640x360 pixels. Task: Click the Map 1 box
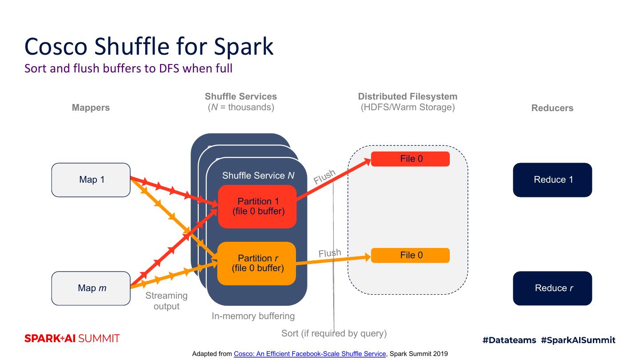(91, 180)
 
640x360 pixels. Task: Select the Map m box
(91, 288)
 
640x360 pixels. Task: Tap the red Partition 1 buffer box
(257, 207)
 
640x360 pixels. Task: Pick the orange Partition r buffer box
(257, 263)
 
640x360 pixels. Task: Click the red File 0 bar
(410, 159)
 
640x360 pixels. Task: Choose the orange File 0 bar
(410, 256)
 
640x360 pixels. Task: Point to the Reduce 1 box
(552, 180)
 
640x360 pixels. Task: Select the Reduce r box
(552, 288)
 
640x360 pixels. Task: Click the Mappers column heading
(91, 108)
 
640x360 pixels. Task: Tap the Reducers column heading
(552, 108)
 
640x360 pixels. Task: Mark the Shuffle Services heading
(241, 97)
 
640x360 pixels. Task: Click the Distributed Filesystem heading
(408, 97)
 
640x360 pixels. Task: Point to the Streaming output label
(166, 301)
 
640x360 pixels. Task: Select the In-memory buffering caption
(253, 316)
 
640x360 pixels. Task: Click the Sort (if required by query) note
(334, 333)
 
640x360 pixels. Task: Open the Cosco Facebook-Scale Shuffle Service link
(310, 354)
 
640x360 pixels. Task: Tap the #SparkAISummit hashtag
(578, 340)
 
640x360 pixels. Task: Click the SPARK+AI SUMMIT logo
(72, 339)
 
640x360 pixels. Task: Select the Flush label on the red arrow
(324, 177)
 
